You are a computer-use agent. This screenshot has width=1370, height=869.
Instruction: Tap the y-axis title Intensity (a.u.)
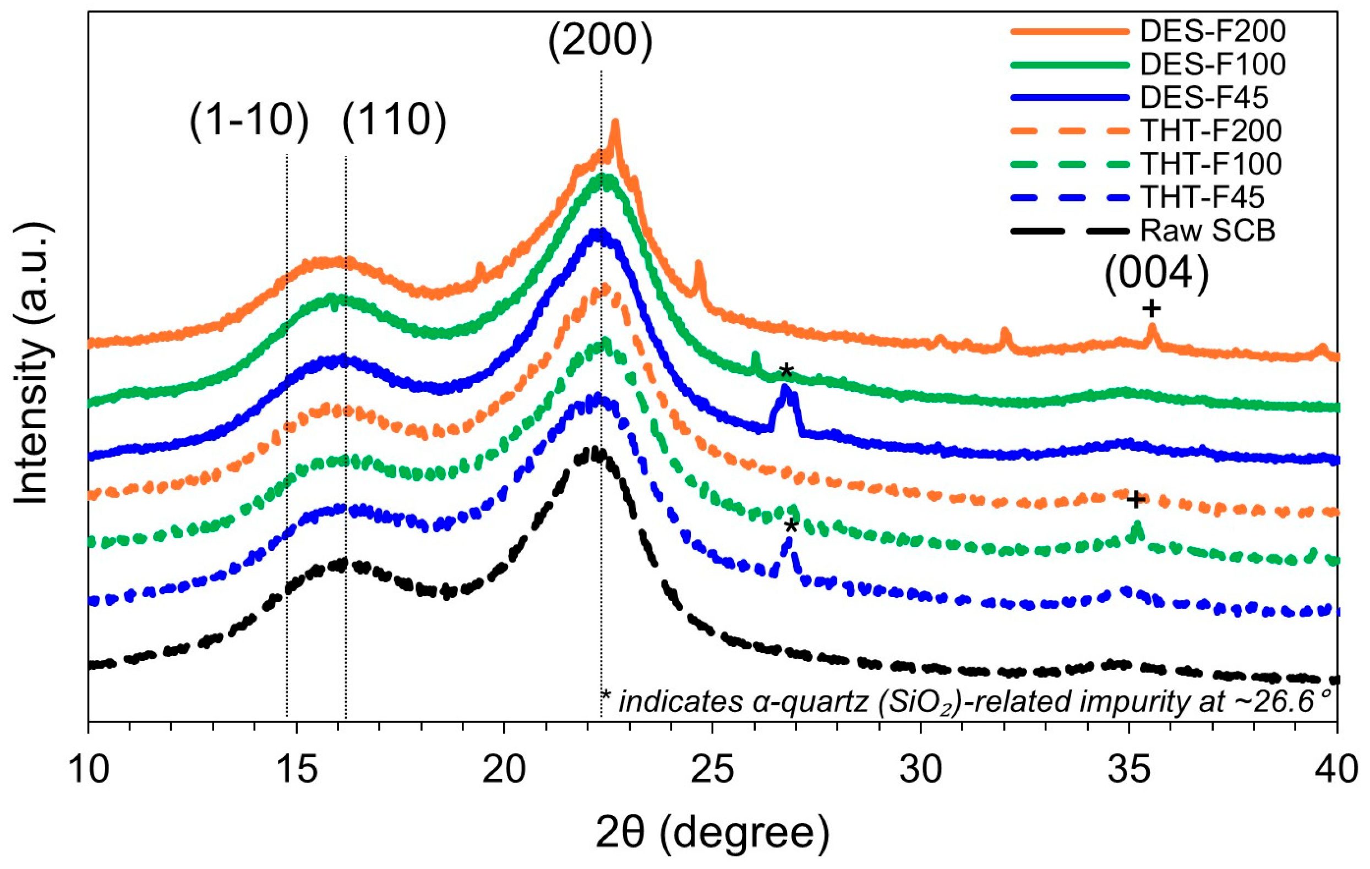pyautogui.click(x=33, y=364)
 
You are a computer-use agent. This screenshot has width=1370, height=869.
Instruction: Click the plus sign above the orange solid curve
pyautogui.click(x=1151, y=309)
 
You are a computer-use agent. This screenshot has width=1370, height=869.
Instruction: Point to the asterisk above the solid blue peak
pyautogui.click(x=785, y=371)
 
